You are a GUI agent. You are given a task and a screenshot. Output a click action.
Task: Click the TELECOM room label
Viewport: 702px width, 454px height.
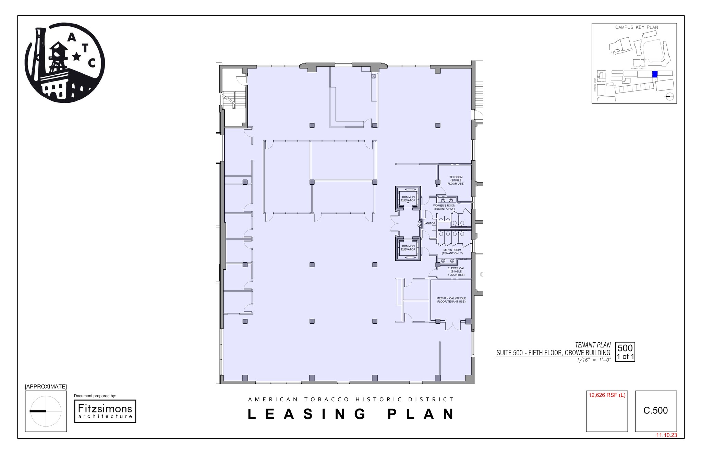[x=456, y=181]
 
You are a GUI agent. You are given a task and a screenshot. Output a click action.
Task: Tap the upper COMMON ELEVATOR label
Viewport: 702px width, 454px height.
[x=408, y=199]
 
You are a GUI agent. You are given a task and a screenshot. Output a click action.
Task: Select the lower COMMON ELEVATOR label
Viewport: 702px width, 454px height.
[x=408, y=248]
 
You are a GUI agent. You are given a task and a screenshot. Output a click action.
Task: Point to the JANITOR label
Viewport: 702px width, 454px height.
[x=429, y=223]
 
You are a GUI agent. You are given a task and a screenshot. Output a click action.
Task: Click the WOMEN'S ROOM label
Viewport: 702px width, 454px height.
[x=444, y=207]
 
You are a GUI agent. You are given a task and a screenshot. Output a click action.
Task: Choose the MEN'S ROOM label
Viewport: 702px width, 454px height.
[x=452, y=252]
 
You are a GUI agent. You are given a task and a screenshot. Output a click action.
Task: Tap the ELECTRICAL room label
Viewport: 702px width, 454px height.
[x=456, y=272]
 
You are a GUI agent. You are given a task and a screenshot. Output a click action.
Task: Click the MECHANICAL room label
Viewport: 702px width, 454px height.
[x=451, y=300]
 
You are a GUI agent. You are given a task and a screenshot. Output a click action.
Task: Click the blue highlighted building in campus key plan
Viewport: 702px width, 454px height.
[x=654, y=74]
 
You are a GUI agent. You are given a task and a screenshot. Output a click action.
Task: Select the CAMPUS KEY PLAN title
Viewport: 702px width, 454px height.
[x=637, y=27]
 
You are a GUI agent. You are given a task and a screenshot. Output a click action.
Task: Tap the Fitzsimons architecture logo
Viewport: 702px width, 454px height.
[x=105, y=411]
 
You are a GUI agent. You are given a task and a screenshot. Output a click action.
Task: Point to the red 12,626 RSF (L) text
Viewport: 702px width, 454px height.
[x=607, y=395]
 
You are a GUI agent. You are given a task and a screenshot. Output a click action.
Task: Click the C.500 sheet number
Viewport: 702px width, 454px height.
[x=655, y=410]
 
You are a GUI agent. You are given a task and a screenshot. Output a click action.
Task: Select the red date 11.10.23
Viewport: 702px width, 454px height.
[x=666, y=435]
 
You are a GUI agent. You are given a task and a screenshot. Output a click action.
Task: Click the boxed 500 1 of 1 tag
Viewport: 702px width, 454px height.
[x=625, y=352]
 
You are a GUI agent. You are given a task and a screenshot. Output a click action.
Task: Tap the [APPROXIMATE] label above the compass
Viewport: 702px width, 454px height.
[x=46, y=386]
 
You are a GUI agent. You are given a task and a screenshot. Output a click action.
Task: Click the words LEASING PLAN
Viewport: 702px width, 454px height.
[x=351, y=414]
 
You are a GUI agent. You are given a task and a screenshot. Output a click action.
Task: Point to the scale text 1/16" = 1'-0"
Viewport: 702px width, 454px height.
[x=594, y=360]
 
